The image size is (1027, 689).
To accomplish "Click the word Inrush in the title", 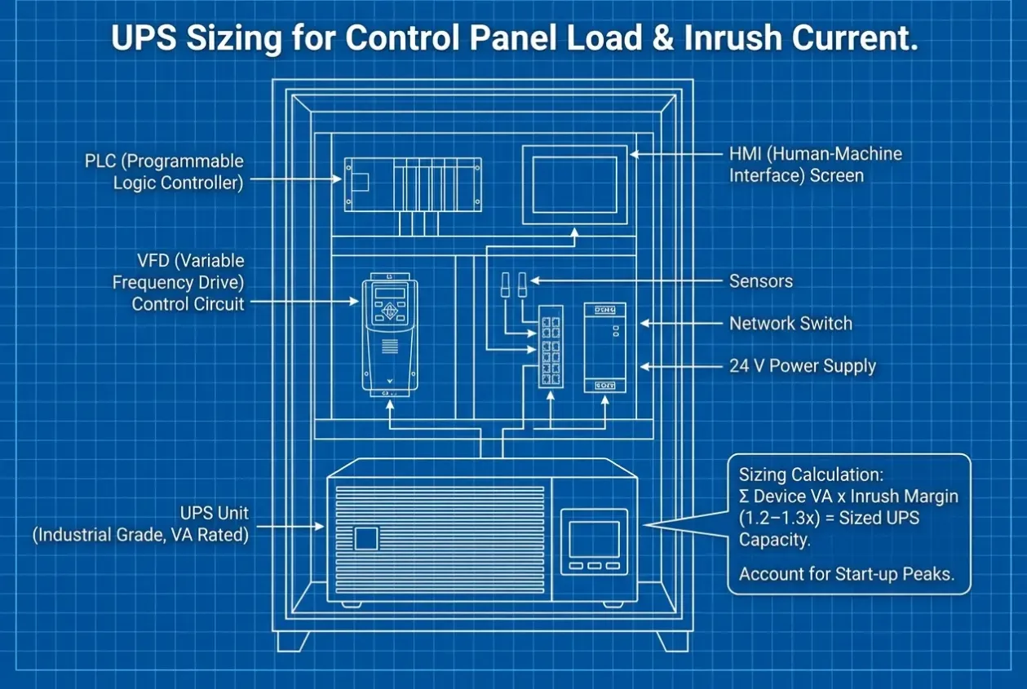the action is pos(733,38).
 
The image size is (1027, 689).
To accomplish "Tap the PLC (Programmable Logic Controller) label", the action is pos(164,172).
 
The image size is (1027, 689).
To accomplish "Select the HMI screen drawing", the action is pos(575,185).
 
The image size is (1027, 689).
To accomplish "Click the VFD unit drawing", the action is pos(390,334).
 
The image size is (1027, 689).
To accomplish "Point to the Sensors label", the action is pos(760,281).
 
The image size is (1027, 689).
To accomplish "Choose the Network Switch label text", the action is pos(791,324).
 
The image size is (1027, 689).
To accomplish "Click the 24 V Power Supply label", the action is pos(803,366).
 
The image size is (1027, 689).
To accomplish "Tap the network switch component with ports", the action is pos(551,347).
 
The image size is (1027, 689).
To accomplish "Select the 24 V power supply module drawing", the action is pos(605,348).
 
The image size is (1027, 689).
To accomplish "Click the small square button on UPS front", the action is pos(366,538).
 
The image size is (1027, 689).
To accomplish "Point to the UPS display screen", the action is pos(594,539).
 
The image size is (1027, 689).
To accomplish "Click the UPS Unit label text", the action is pos(141,523).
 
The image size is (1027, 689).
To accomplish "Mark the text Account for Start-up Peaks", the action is pos(847,574).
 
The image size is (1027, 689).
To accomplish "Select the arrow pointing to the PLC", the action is pos(296,179).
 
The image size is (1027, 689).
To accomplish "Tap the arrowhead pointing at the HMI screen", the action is pos(635,154).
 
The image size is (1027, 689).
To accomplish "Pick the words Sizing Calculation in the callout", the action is pos(811,475).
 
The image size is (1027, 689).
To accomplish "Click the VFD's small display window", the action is pos(390,293).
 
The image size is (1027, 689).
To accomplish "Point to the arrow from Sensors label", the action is pos(626,280).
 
